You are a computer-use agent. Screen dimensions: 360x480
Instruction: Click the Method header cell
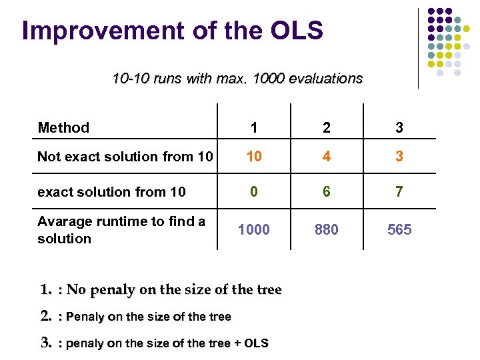pyautogui.click(x=63, y=127)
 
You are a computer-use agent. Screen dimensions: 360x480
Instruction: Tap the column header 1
pyautogui.click(x=254, y=128)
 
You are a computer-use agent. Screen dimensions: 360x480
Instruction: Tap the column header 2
pyautogui.click(x=326, y=128)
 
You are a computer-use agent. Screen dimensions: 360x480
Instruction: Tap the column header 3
pyautogui.click(x=399, y=128)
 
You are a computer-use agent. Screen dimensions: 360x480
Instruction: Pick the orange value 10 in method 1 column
pyautogui.click(x=254, y=157)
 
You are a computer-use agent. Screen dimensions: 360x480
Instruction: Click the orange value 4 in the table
pyautogui.click(x=326, y=157)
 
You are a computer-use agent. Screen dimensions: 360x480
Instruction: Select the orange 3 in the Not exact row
pyautogui.click(x=399, y=157)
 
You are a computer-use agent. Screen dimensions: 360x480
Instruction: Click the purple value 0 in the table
pyautogui.click(x=254, y=192)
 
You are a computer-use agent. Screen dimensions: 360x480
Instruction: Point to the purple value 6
pyautogui.click(x=326, y=192)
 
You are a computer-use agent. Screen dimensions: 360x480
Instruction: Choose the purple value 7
pyautogui.click(x=399, y=192)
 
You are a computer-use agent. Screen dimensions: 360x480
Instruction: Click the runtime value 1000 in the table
pyautogui.click(x=254, y=230)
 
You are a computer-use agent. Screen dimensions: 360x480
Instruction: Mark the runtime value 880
pyautogui.click(x=326, y=230)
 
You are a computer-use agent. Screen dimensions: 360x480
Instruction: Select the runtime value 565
pyautogui.click(x=399, y=230)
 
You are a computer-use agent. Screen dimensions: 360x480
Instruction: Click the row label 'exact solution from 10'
pyautogui.click(x=111, y=192)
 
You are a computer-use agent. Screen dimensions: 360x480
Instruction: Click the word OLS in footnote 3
pyautogui.click(x=256, y=343)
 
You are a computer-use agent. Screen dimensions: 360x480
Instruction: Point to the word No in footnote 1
pyautogui.click(x=77, y=290)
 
